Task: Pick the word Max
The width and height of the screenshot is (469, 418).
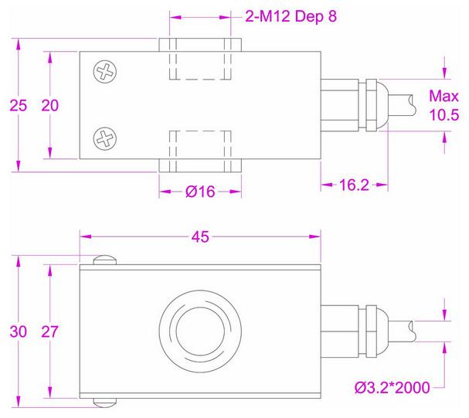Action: click(x=444, y=98)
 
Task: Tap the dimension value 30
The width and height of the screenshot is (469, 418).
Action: click(x=19, y=332)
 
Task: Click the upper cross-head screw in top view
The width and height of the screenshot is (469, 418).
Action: click(x=104, y=73)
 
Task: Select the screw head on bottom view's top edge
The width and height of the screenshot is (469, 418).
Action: click(x=104, y=260)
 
